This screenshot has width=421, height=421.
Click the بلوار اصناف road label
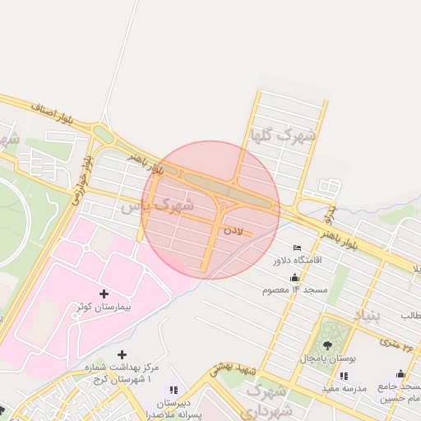coord(53,113)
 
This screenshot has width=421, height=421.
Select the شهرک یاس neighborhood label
coord(157,205)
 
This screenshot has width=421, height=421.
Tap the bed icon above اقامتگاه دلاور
coord(297,248)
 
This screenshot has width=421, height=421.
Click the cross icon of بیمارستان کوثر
coord(104,294)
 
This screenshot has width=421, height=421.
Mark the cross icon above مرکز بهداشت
coord(123,354)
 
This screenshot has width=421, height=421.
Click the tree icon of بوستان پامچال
coord(329,345)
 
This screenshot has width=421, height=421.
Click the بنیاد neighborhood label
coord(368,316)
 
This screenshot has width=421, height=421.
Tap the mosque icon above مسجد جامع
coord(400,374)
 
